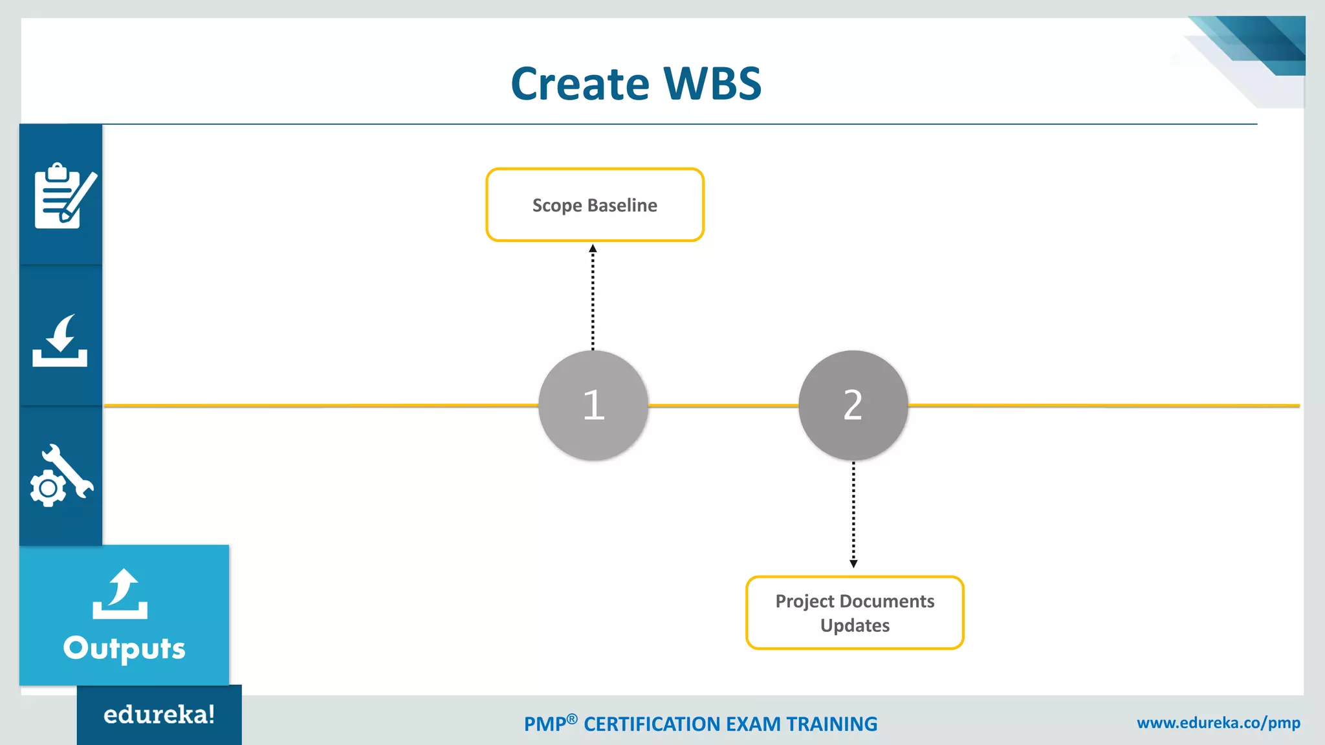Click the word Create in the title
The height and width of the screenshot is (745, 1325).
(580, 84)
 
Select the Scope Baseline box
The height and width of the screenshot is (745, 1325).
(595, 205)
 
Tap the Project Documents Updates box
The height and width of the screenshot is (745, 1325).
(855, 612)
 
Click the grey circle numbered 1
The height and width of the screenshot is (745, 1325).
(593, 405)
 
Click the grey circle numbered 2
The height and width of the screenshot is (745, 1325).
(853, 405)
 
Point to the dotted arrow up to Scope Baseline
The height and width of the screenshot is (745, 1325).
(593, 297)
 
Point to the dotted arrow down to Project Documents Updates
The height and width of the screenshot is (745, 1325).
(853, 514)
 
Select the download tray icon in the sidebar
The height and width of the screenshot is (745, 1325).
(60, 341)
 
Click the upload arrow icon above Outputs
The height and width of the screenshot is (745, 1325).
(120, 594)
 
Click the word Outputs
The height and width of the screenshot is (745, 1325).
(124, 648)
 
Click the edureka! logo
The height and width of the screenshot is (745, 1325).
(159, 715)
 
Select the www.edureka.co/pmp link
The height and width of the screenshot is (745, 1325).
(1218, 722)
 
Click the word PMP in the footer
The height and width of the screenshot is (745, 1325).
(545, 724)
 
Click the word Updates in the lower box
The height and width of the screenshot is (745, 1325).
(855, 625)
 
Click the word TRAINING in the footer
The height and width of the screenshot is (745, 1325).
(831, 724)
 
